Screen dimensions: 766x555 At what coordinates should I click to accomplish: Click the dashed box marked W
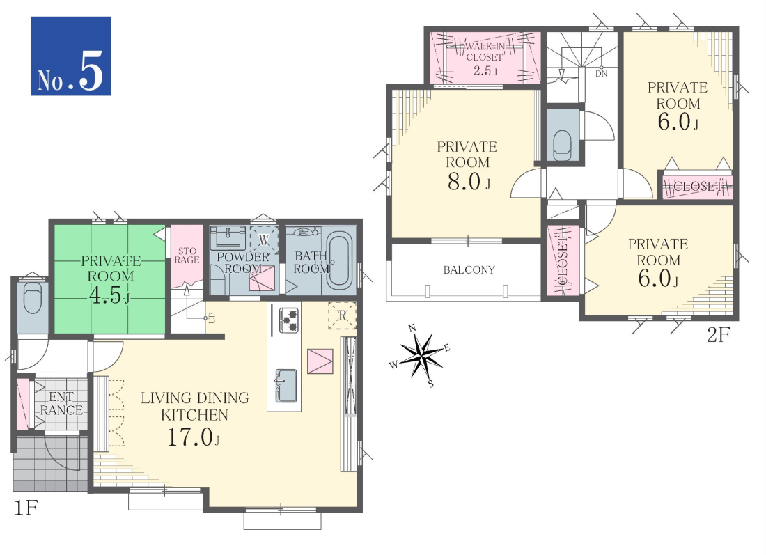[x=265, y=240]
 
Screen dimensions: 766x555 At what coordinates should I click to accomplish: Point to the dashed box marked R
[x=342, y=315]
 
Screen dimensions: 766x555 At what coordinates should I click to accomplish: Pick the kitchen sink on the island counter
[x=286, y=385]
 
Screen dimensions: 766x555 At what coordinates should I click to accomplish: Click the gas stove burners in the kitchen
[x=288, y=320]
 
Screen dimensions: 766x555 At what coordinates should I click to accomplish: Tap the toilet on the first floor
[x=33, y=297]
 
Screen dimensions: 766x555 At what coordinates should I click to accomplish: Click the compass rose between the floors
[x=421, y=356]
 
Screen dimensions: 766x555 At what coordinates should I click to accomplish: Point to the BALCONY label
[x=469, y=269]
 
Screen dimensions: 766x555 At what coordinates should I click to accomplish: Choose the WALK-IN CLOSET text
[x=484, y=52]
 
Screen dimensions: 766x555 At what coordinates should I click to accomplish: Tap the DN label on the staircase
[x=602, y=73]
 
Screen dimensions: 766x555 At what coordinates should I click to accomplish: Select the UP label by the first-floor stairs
[x=212, y=318]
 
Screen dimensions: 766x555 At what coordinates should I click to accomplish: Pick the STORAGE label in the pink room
[x=187, y=255]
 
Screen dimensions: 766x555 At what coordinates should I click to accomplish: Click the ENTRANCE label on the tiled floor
[x=61, y=404]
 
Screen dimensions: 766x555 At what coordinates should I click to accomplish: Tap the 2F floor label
[x=718, y=335]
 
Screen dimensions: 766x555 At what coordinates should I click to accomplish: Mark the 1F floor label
[x=25, y=508]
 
